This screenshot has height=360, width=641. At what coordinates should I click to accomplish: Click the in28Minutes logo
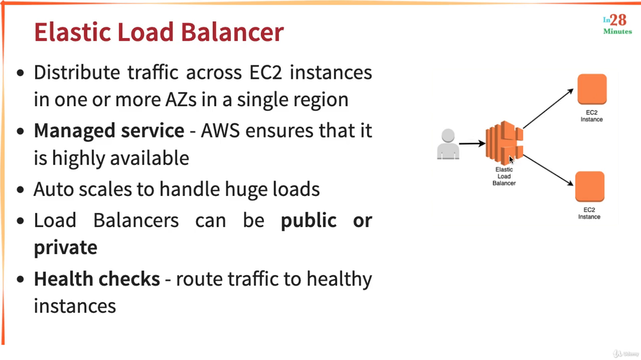pyautogui.click(x=617, y=24)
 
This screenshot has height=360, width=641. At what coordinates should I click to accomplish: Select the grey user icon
pyautogui.click(x=448, y=144)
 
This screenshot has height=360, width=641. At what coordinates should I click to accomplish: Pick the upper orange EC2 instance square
pyautogui.click(x=592, y=89)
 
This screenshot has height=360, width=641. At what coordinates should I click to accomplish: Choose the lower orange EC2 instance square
pyautogui.click(x=589, y=186)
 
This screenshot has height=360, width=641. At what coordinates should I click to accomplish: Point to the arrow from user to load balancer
pyautogui.click(x=472, y=144)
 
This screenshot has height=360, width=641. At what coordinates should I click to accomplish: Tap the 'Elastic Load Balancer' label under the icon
pyautogui.click(x=504, y=176)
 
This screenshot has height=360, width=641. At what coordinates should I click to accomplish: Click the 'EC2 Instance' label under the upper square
pyautogui.click(x=591, y=116)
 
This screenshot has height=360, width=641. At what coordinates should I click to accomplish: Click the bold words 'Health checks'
pyautogui.click(x=97, y=279)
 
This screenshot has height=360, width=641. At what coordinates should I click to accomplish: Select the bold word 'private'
pyautogui.click(x=65, y=248)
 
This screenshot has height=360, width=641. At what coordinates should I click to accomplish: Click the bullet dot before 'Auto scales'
pyautogui.click(x=20, y=190)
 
